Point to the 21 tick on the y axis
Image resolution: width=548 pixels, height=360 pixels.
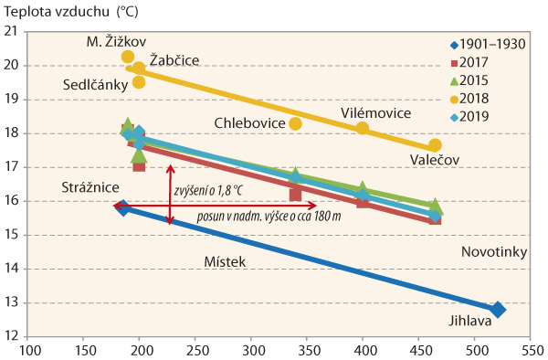(17, 31)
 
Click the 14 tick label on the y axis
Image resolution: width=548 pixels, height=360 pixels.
(17, 269)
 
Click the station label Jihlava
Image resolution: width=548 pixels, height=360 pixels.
(470, 321)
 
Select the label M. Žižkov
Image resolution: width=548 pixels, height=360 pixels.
(111, 42)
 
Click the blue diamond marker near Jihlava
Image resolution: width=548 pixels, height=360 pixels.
(498, 310)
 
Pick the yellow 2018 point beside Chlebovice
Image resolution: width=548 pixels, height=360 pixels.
(296, 123)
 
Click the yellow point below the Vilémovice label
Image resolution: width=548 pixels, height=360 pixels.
(363, 128)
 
